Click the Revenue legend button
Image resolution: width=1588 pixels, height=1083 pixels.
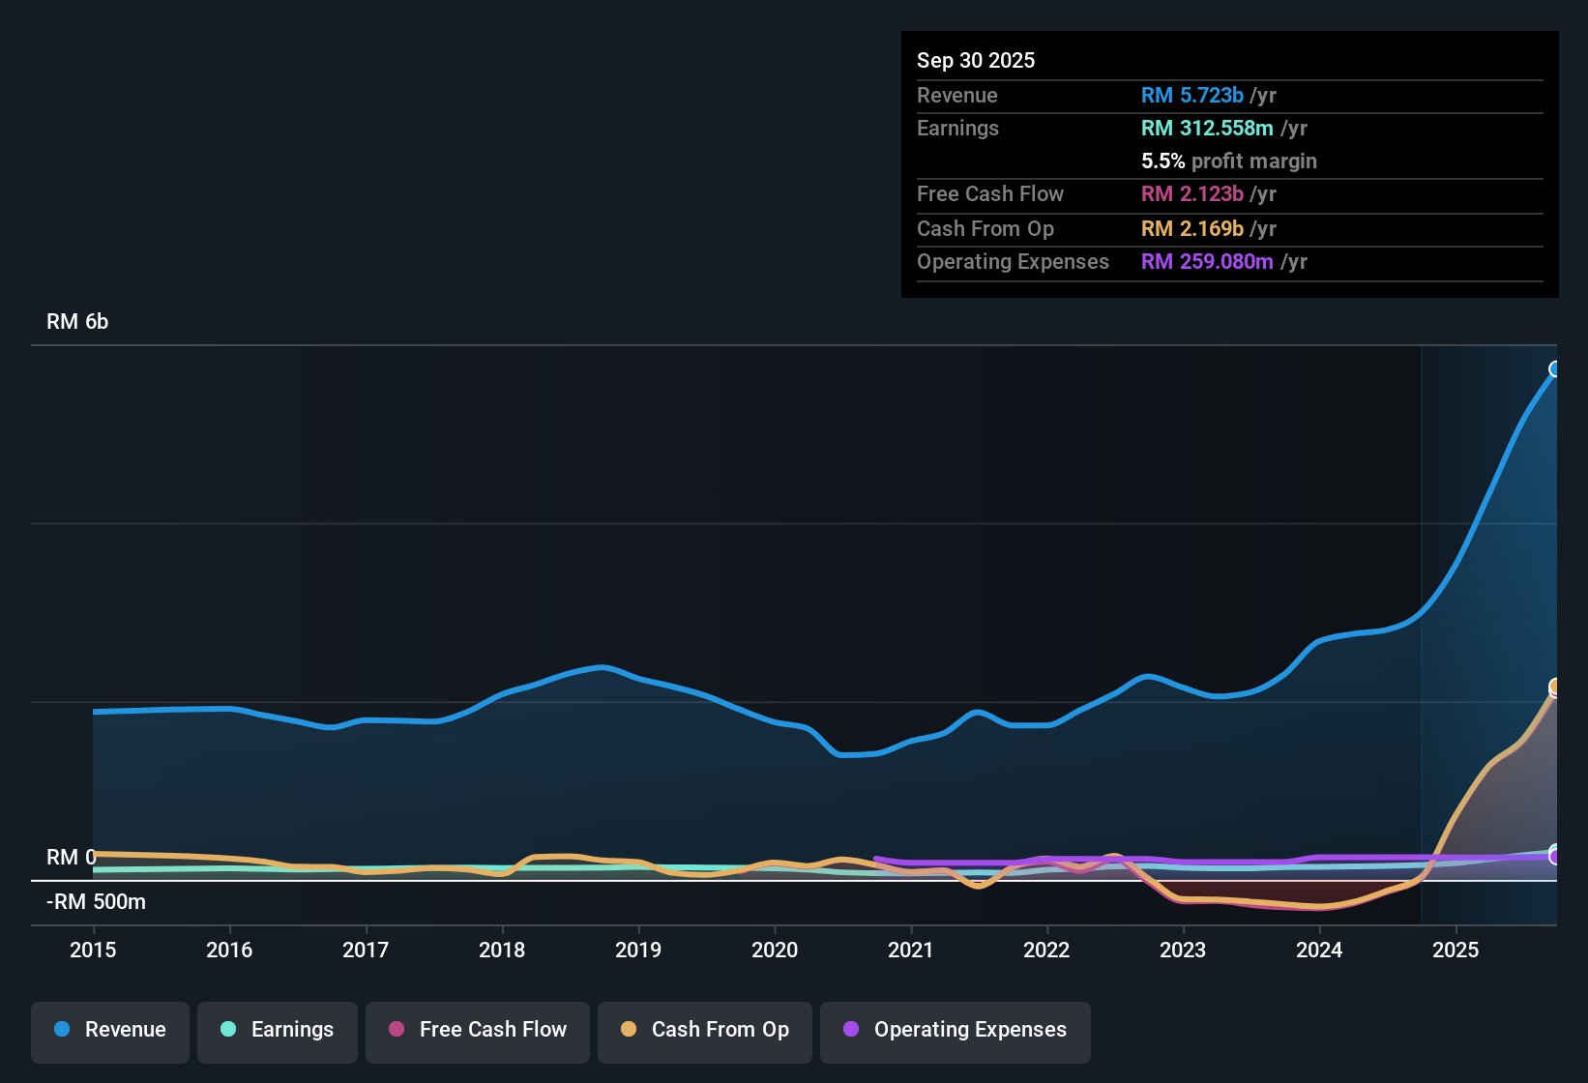[x=110, y=1030]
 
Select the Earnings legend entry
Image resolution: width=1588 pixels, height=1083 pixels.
[x=278, y=1030]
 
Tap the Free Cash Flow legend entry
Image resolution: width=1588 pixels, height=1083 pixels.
[x=478, y=1030]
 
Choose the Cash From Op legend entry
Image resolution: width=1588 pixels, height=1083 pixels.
[x=705, y=1030]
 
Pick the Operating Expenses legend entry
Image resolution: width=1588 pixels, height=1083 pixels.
[x=956, y=1030]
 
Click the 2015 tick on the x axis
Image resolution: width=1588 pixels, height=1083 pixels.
[x=93, y=950]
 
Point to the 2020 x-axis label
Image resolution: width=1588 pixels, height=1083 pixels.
[x=775, y=950]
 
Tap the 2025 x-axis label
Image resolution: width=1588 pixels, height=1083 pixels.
[x=1456, y=950]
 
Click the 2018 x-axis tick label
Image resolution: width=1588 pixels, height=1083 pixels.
[x=502, y=950]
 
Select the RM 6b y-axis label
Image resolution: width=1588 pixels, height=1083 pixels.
[x=77, y=322]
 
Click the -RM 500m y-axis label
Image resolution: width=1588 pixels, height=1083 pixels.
[x=96, y=902]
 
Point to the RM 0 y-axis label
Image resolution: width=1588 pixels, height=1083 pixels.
[x=71, y=858]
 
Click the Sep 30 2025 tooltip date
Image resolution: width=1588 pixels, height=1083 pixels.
[x=976, y=60]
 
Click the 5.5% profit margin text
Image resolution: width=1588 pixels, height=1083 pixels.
[x=1228, y=161]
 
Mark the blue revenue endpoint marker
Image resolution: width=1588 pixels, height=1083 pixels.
[x=1555, y=368]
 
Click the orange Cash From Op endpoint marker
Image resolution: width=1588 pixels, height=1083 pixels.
[x=1555, y=687]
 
